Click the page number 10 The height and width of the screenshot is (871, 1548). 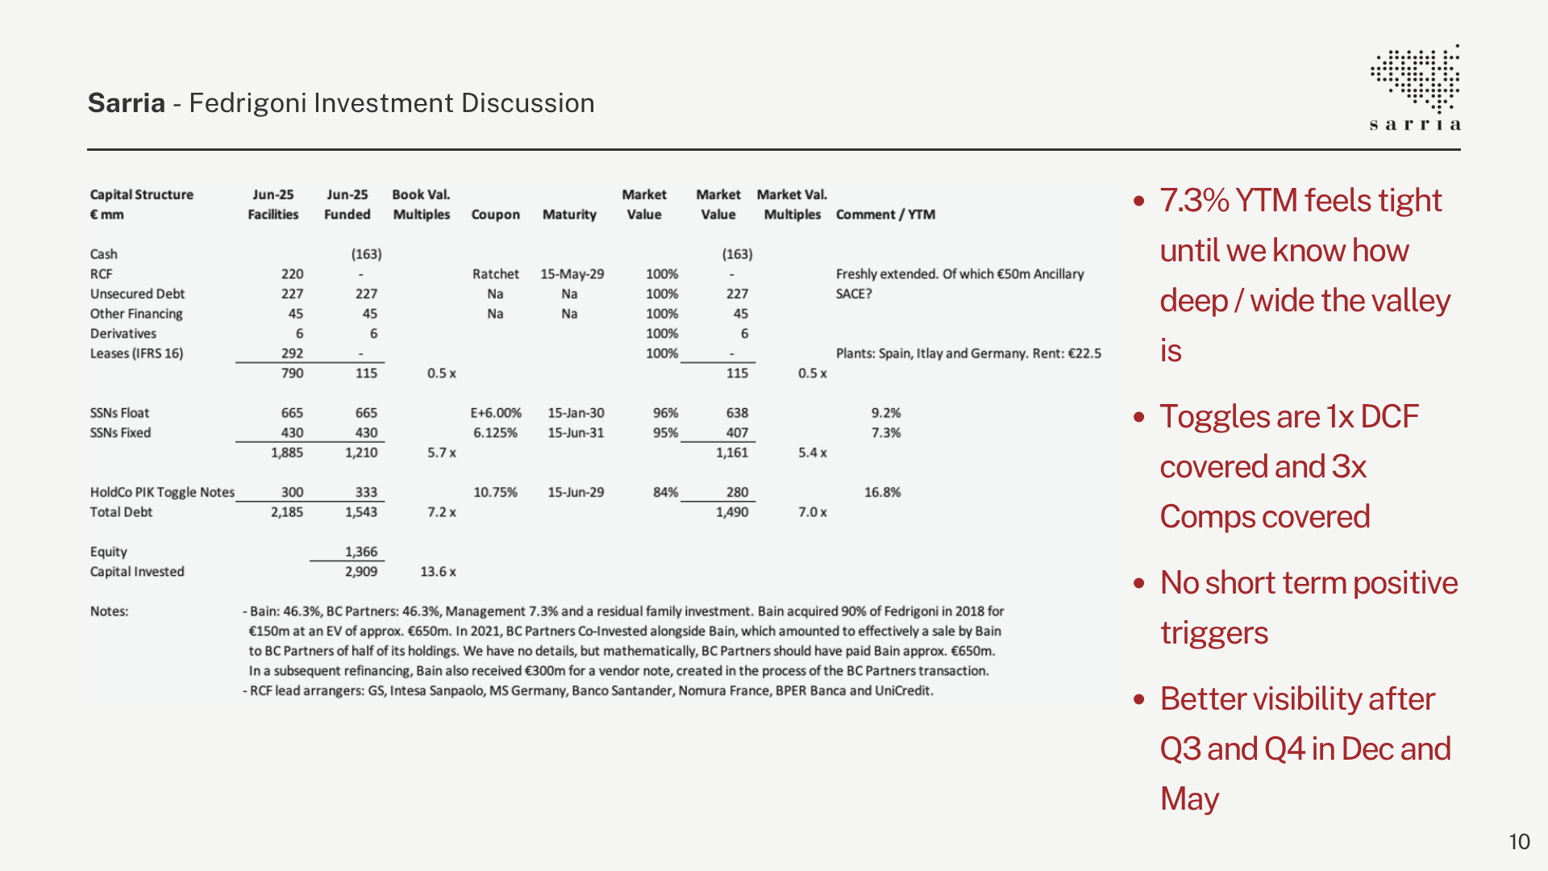(x=1519, y=842)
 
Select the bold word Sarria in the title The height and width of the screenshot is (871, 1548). (x=127, y=103)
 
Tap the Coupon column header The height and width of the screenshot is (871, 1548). (x=495, y=215)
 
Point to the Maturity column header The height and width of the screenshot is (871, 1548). (x=569, y=215)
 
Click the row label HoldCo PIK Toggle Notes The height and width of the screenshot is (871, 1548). (x=162, y=492)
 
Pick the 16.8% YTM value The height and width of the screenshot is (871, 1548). (x=883, y=492)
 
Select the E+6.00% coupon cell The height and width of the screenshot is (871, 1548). (x=496, y=413)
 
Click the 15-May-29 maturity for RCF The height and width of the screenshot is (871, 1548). (x=572, y=274)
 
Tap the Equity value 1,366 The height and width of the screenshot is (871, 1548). (x=361, y=552)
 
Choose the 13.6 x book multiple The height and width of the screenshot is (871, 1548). (x=438, y=572)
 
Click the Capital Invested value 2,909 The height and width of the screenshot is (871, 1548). (x=361, y=572)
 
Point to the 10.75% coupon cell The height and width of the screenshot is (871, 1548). (x=495, y=492)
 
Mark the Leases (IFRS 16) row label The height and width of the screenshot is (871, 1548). (x=136, y=353)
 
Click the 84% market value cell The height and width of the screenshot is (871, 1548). (x=665, y=492)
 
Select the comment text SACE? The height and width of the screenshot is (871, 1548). (x=854, y=294)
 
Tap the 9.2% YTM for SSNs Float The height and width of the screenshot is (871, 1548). (x=886, y=413)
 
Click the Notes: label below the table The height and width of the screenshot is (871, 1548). (x=109, y=611)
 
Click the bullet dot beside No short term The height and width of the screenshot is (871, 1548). (x=1138, y=583)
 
